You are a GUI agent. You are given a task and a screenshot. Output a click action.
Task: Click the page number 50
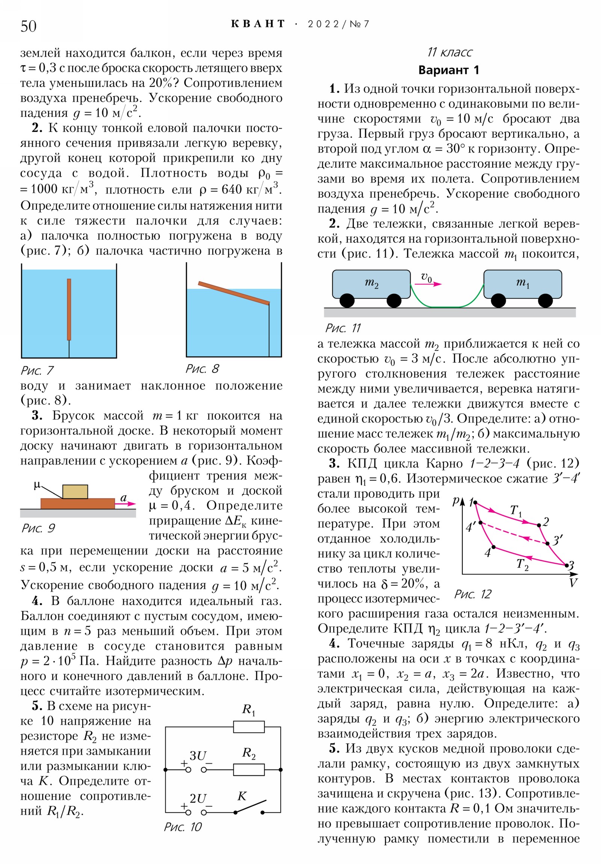point(29,26)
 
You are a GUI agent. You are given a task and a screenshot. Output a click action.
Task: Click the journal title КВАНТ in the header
point(258,24)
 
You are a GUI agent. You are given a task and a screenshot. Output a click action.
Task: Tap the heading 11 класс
point(449,52)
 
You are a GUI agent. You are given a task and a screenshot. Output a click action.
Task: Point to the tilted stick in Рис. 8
point(234,293)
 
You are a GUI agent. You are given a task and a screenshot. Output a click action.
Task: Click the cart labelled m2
point(371,284)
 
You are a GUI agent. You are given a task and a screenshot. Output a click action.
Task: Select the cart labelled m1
point(522,284)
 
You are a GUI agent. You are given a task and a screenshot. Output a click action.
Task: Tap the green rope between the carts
point(447,306)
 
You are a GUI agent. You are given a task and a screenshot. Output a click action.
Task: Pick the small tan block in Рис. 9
point(75,491)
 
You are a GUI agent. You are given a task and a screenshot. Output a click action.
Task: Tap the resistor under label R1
point(249,727)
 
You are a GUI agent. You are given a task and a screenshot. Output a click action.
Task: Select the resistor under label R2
point(249,770)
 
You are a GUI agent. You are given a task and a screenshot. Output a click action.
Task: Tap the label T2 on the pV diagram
point(522,564)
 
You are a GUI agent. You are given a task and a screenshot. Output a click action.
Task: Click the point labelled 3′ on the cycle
point(548,543)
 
